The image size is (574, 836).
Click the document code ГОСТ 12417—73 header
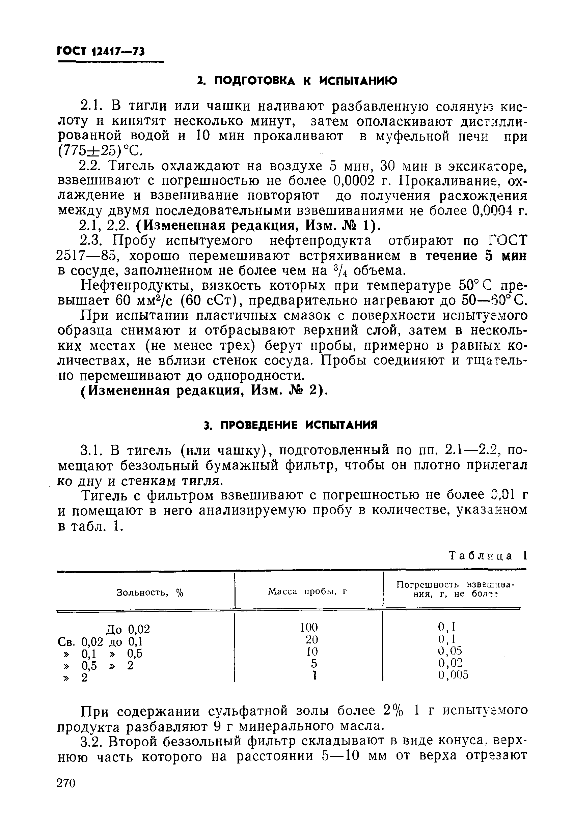pos(101,52)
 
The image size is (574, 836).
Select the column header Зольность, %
pos(150,593)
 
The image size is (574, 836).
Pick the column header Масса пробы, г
pos(307,592)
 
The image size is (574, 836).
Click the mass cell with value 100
pos(309,628)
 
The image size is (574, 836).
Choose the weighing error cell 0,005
pos(453,675)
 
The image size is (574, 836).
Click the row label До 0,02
pos(128,629)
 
